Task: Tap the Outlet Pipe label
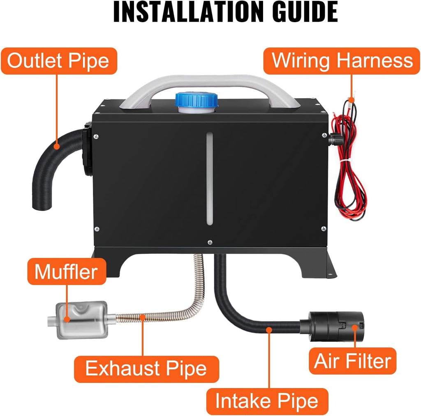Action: point(58,61)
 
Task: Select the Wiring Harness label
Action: point(342,60)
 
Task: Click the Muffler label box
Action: point(67,271)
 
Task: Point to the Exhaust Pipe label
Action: point(146,368)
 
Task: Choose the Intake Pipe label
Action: point(267,401)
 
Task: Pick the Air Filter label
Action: point(352,361)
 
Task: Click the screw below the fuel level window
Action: point(210,242)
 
